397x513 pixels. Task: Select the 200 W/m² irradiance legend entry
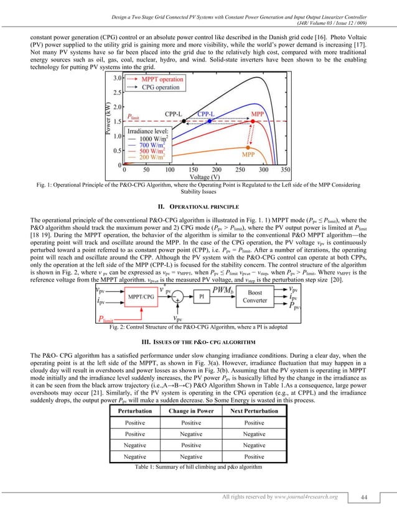[x=152, y=158]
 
